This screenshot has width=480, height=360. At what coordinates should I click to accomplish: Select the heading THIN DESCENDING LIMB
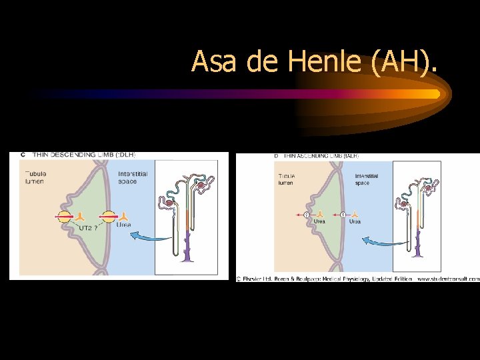pyautogui.click(x=80, y=155)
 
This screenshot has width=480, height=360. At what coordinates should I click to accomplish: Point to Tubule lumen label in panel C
pyautogui.click(x=37, y=178)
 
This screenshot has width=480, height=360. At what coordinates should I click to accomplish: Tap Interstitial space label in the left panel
pyautogui.click(x=133, y=178)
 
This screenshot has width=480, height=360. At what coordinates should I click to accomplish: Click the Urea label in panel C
pyautogui.click(x=123, y=225)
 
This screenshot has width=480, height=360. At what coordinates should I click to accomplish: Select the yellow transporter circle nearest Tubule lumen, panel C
pyautogui.click(x=64, y=217)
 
